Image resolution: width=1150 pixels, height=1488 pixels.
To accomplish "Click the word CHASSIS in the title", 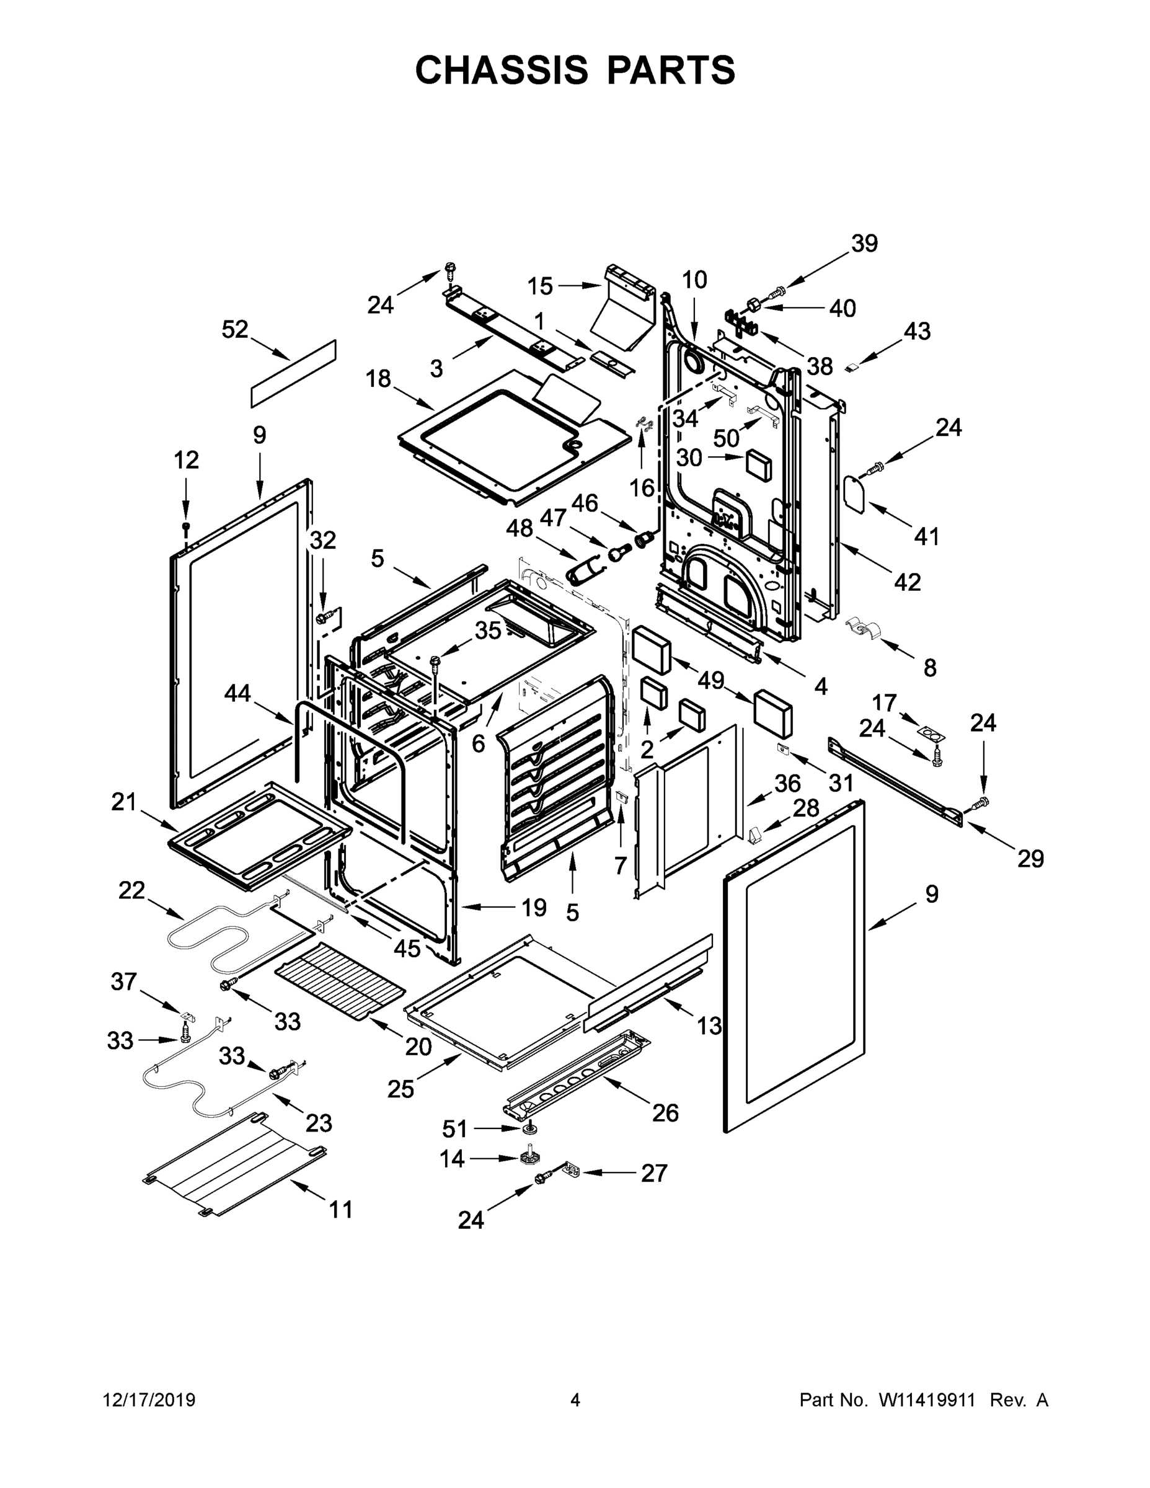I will click(x=502, y=70).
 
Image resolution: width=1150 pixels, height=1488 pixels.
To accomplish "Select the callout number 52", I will click(x=235, y=330).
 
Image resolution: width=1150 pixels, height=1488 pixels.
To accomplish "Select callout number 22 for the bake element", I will click(x=131, y=890).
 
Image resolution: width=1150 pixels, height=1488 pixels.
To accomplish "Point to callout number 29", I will click(x=1030, y=859).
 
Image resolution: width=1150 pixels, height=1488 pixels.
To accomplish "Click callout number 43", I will click(x=916, y=332).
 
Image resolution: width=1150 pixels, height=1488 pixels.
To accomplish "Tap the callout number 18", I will click(x=378, y=379).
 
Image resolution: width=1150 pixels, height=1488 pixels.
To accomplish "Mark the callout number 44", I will click(x=238, y=694).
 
